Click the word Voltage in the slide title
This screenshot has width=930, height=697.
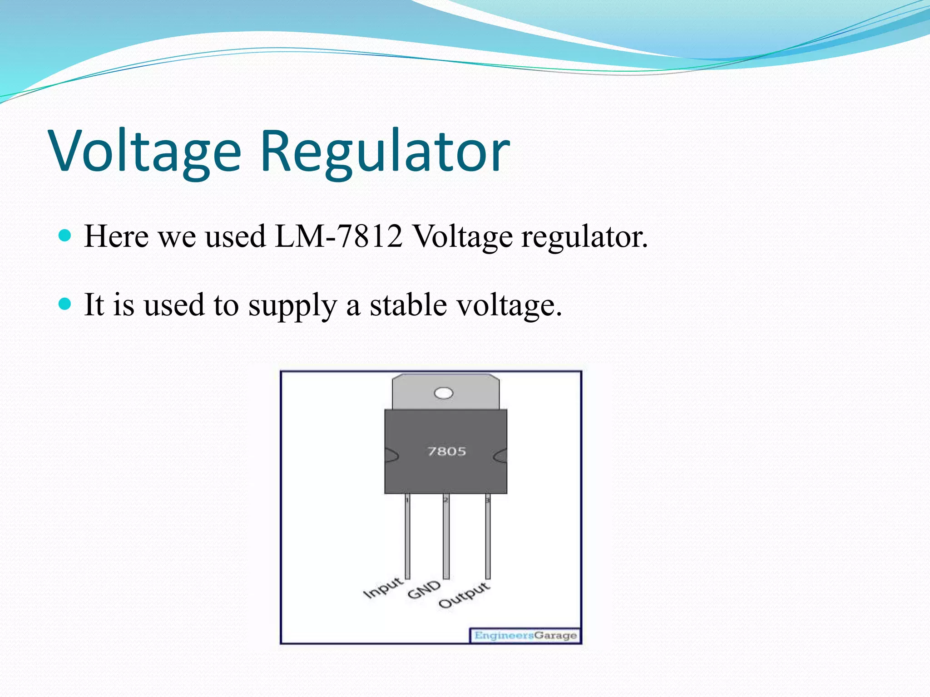click(145, 152)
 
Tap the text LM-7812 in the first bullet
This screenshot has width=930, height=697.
click(339, 236)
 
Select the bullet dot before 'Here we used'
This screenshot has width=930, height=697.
click(65, 236)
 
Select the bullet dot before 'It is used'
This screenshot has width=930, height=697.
click(65, 304)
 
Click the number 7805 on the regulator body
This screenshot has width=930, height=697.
click(447, 452)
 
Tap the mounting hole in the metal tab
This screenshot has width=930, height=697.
click(444, 393)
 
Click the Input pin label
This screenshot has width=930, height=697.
click(383, 588)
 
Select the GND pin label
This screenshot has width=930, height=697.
click(424, 590)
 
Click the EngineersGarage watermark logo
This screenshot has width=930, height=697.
click(525, 635)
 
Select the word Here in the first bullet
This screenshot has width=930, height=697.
click(116, 236)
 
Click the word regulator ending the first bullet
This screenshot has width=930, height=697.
click(584, 237)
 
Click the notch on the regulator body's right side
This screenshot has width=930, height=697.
click(500, 456)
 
